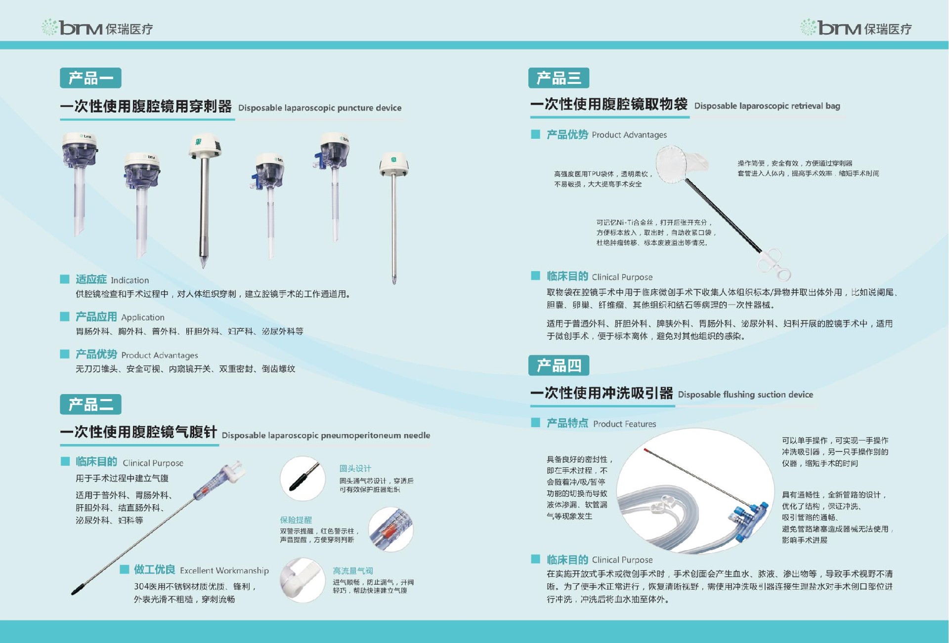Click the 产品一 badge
90,78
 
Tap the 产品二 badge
90,404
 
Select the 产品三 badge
559,78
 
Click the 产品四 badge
559,365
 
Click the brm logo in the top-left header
97,28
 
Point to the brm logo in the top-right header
856,28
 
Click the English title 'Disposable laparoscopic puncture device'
320,108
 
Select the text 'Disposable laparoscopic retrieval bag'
767,106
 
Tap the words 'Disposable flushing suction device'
745,395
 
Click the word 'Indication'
129,280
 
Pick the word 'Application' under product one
143,318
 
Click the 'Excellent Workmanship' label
224,570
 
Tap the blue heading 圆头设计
355,468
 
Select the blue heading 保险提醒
296,520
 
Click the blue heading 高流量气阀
352,571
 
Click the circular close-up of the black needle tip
302,479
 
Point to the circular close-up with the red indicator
391,529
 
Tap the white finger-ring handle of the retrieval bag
775,265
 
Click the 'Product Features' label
625,424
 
